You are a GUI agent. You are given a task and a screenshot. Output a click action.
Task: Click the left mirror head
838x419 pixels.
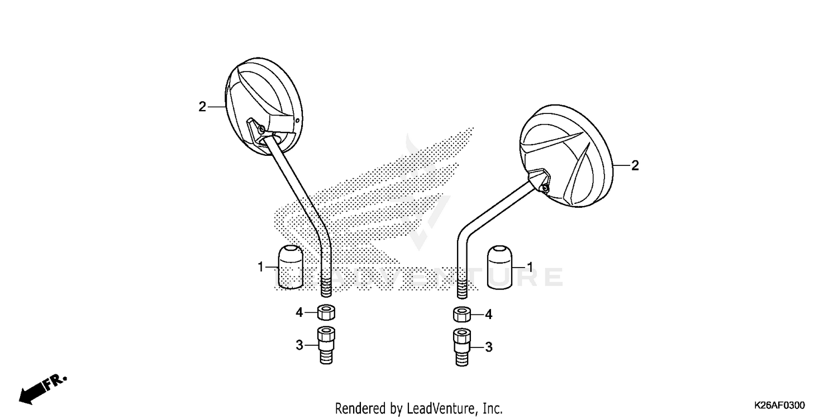264,107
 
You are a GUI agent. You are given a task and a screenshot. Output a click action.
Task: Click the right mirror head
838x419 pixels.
566,156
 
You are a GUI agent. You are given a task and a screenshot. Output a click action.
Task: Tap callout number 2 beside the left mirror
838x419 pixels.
202,107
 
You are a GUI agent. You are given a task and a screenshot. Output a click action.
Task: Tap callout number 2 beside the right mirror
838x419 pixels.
635,166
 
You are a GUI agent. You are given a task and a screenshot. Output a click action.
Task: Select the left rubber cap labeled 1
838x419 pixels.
291,266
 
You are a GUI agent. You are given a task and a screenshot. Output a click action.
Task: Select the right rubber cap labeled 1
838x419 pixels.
499,267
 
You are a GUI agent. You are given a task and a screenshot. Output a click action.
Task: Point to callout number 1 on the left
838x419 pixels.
261,267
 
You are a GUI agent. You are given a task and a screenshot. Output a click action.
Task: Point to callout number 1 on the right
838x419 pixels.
530,268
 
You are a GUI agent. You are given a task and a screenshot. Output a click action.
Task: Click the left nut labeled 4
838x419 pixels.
326,312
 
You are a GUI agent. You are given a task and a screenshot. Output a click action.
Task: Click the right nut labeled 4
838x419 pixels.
462,314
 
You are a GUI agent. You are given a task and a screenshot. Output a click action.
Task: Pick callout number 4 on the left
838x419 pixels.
299,312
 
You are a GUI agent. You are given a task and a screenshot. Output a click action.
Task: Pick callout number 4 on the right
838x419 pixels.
489,315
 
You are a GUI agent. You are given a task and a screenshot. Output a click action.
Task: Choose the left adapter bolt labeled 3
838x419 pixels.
326,345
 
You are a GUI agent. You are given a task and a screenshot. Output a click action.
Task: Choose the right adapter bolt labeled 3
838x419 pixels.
462,347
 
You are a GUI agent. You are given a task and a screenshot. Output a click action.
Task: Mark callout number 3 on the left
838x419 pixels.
299,345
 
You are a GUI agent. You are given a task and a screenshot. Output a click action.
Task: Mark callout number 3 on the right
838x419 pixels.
489,347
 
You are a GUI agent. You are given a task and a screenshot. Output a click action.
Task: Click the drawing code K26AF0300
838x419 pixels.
779,406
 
